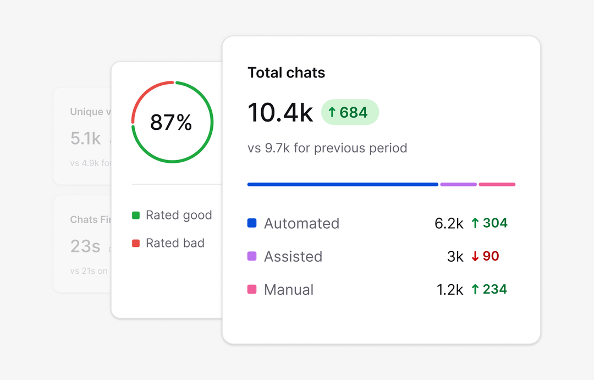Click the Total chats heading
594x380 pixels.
(x=286, y=73)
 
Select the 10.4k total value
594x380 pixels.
(x=280, y=113)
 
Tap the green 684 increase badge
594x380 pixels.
(x=350, y=112)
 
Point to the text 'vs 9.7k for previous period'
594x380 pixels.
(x=327, y=148)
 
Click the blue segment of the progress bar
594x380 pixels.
(x=343, y=184)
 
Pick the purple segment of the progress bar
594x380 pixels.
(x=458, y=184)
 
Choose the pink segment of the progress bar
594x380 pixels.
(x=497, y=184)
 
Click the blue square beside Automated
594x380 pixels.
(x=252, y=223)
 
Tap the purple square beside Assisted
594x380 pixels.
(x=252, y=256)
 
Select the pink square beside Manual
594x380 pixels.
(x=252, y=289)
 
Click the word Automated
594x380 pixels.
(x=301, y=223)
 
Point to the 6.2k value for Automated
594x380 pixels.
(x=449, y=223)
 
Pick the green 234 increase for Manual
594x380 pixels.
(x=489, y=289)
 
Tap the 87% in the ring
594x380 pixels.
(x=171, y=122)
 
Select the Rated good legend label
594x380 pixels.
(x=179, y=215)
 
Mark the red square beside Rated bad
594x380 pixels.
(x=136, y=243)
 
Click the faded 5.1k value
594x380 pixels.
(x=85, y=139)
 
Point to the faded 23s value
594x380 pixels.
(x=85, y=246)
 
